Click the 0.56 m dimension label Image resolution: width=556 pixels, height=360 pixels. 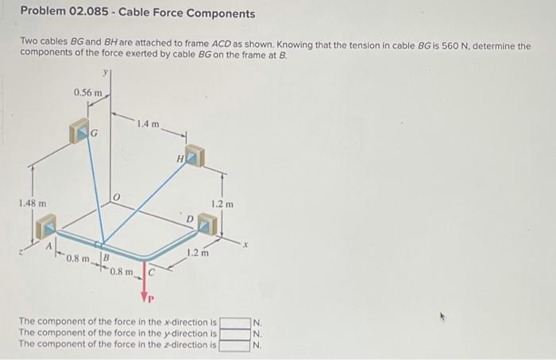click(x=87, y=93)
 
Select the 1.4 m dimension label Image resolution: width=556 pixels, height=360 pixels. click(x=147, y=124)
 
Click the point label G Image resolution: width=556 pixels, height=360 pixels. click(x=94, y=134)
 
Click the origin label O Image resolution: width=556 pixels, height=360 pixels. click(x=116, y=196)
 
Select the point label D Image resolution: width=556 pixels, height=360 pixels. click(x=191, y=219)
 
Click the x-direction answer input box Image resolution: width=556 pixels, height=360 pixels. click(x=235, y=322)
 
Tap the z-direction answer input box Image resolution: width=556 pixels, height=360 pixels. click(x=235, y=345)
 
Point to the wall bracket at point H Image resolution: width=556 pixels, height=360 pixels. click(x=194, y=157)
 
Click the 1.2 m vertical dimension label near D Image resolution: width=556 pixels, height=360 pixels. click(x=223, y=204)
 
